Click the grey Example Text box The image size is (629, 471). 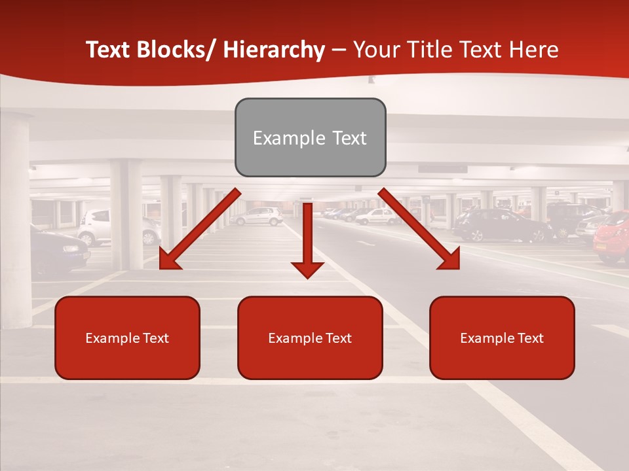tap(310, 137)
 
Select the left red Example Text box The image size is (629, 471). tap(127, 338)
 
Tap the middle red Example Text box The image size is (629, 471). tap(310, 338)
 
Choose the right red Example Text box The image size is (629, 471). tap(502, 338)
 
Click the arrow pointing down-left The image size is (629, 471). tap(200, 229)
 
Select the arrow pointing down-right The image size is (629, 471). tap(419, 229)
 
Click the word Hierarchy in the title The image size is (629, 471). tap(274, 50)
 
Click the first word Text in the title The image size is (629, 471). tap(109, 50)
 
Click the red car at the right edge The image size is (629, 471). tap(612, 237)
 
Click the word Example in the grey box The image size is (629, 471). tap(280, 138)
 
